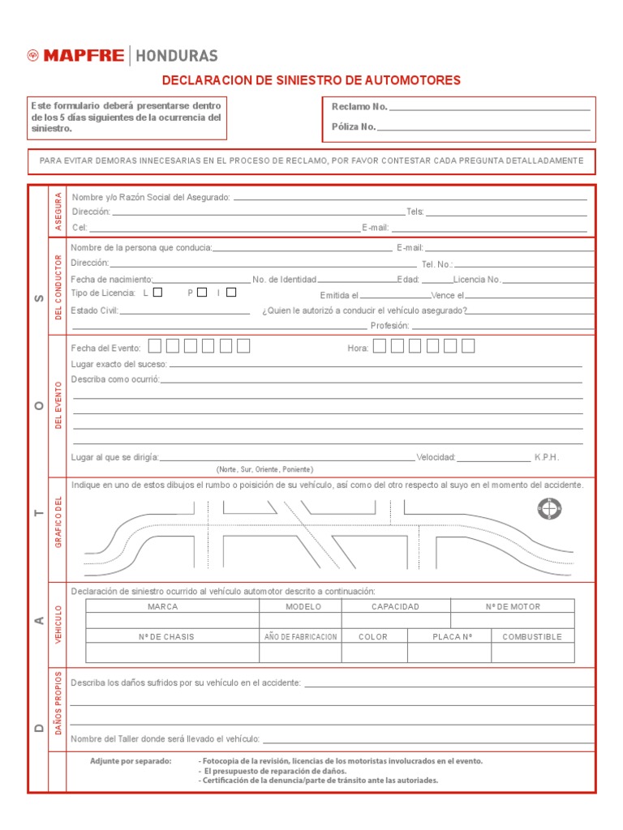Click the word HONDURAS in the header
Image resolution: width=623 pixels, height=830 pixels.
tap(176, 56)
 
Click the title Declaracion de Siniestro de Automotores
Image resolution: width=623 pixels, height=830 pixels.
tap(311, 80)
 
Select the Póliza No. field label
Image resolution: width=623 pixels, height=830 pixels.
tap(354, 126)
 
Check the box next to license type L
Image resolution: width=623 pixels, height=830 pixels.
tap(158, 293)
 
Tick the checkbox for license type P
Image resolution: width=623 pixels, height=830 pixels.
tap(202, 293)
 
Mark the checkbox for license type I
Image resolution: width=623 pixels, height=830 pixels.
tap(231, 293)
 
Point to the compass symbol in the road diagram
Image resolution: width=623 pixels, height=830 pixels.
tap(549, 509)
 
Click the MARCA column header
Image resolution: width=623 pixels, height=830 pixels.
tap(162, 606)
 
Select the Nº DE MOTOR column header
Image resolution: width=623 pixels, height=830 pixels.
tap(513, 606)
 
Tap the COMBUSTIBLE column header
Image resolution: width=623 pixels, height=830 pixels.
tap(532, 636)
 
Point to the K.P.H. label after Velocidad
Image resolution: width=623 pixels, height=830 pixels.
tap(547, 457)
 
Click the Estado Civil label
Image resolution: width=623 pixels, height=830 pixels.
tap(95, 310)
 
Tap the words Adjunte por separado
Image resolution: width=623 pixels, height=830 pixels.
tap(131, 761)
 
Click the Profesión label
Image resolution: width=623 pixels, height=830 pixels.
tap(389, 325)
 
